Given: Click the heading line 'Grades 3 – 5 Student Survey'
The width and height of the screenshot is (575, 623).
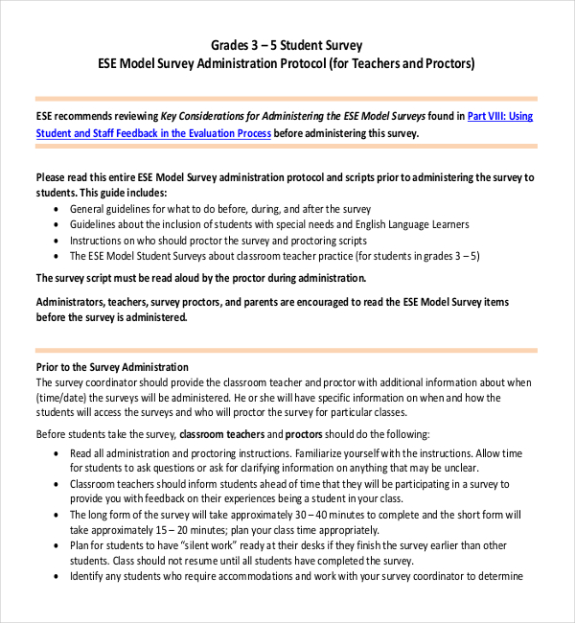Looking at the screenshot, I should pyautogui.click(x=287, y=45).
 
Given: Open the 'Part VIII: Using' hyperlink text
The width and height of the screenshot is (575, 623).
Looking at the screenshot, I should pyautogui.click(x=500, y=116).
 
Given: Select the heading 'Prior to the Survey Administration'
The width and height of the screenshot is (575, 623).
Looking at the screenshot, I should pyautogui.click(x=112, y=367).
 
